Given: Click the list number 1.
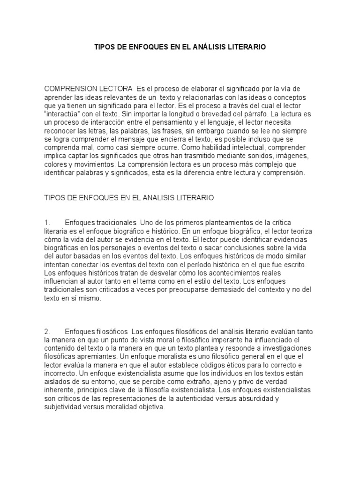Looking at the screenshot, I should click(46, 221).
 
